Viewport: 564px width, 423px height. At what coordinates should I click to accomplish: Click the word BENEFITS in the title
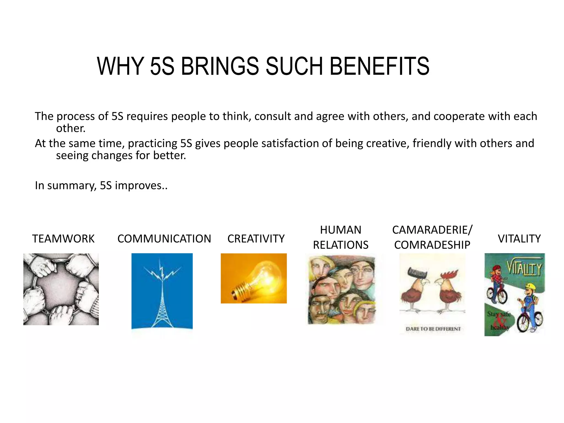pyautogui.click(x=379, y=66)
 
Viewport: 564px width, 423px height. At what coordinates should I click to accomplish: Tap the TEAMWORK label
pyautogui.click(x=63, y=238)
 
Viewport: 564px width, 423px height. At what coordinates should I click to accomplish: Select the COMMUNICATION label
pyautogui.click(x=164, y=238)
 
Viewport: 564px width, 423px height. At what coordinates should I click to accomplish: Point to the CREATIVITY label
pyautogui.click(x=256, y=238)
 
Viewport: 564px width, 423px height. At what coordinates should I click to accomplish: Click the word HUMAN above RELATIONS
pyautogui.click(x=341, y=230)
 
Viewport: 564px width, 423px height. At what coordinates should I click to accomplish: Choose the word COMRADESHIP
pyautogui.click(x=432, y=245)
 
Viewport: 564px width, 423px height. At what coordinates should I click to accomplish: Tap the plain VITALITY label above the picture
pyautogui.click(x=519, y=238)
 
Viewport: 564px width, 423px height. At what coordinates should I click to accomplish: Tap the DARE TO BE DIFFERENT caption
pyautogui.click(x=433, y=329)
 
